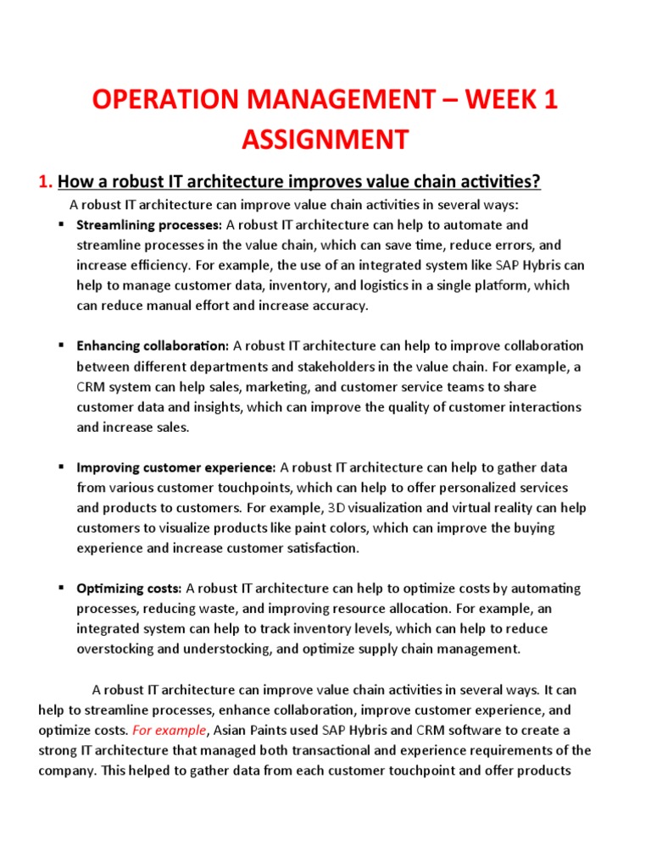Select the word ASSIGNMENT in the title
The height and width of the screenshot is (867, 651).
click(x=325, y=138)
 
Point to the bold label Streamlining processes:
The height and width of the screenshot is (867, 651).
click(x=149, y=225)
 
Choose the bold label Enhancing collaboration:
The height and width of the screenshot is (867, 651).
click(x=153, y=346)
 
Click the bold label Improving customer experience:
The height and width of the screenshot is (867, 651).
click(x=176, y=467)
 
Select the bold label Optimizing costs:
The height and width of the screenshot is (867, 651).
click(x=130, y=588)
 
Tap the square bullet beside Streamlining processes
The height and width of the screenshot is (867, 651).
click(x=62, y=224)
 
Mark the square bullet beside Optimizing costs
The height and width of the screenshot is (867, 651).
click(x=62, y=588)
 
